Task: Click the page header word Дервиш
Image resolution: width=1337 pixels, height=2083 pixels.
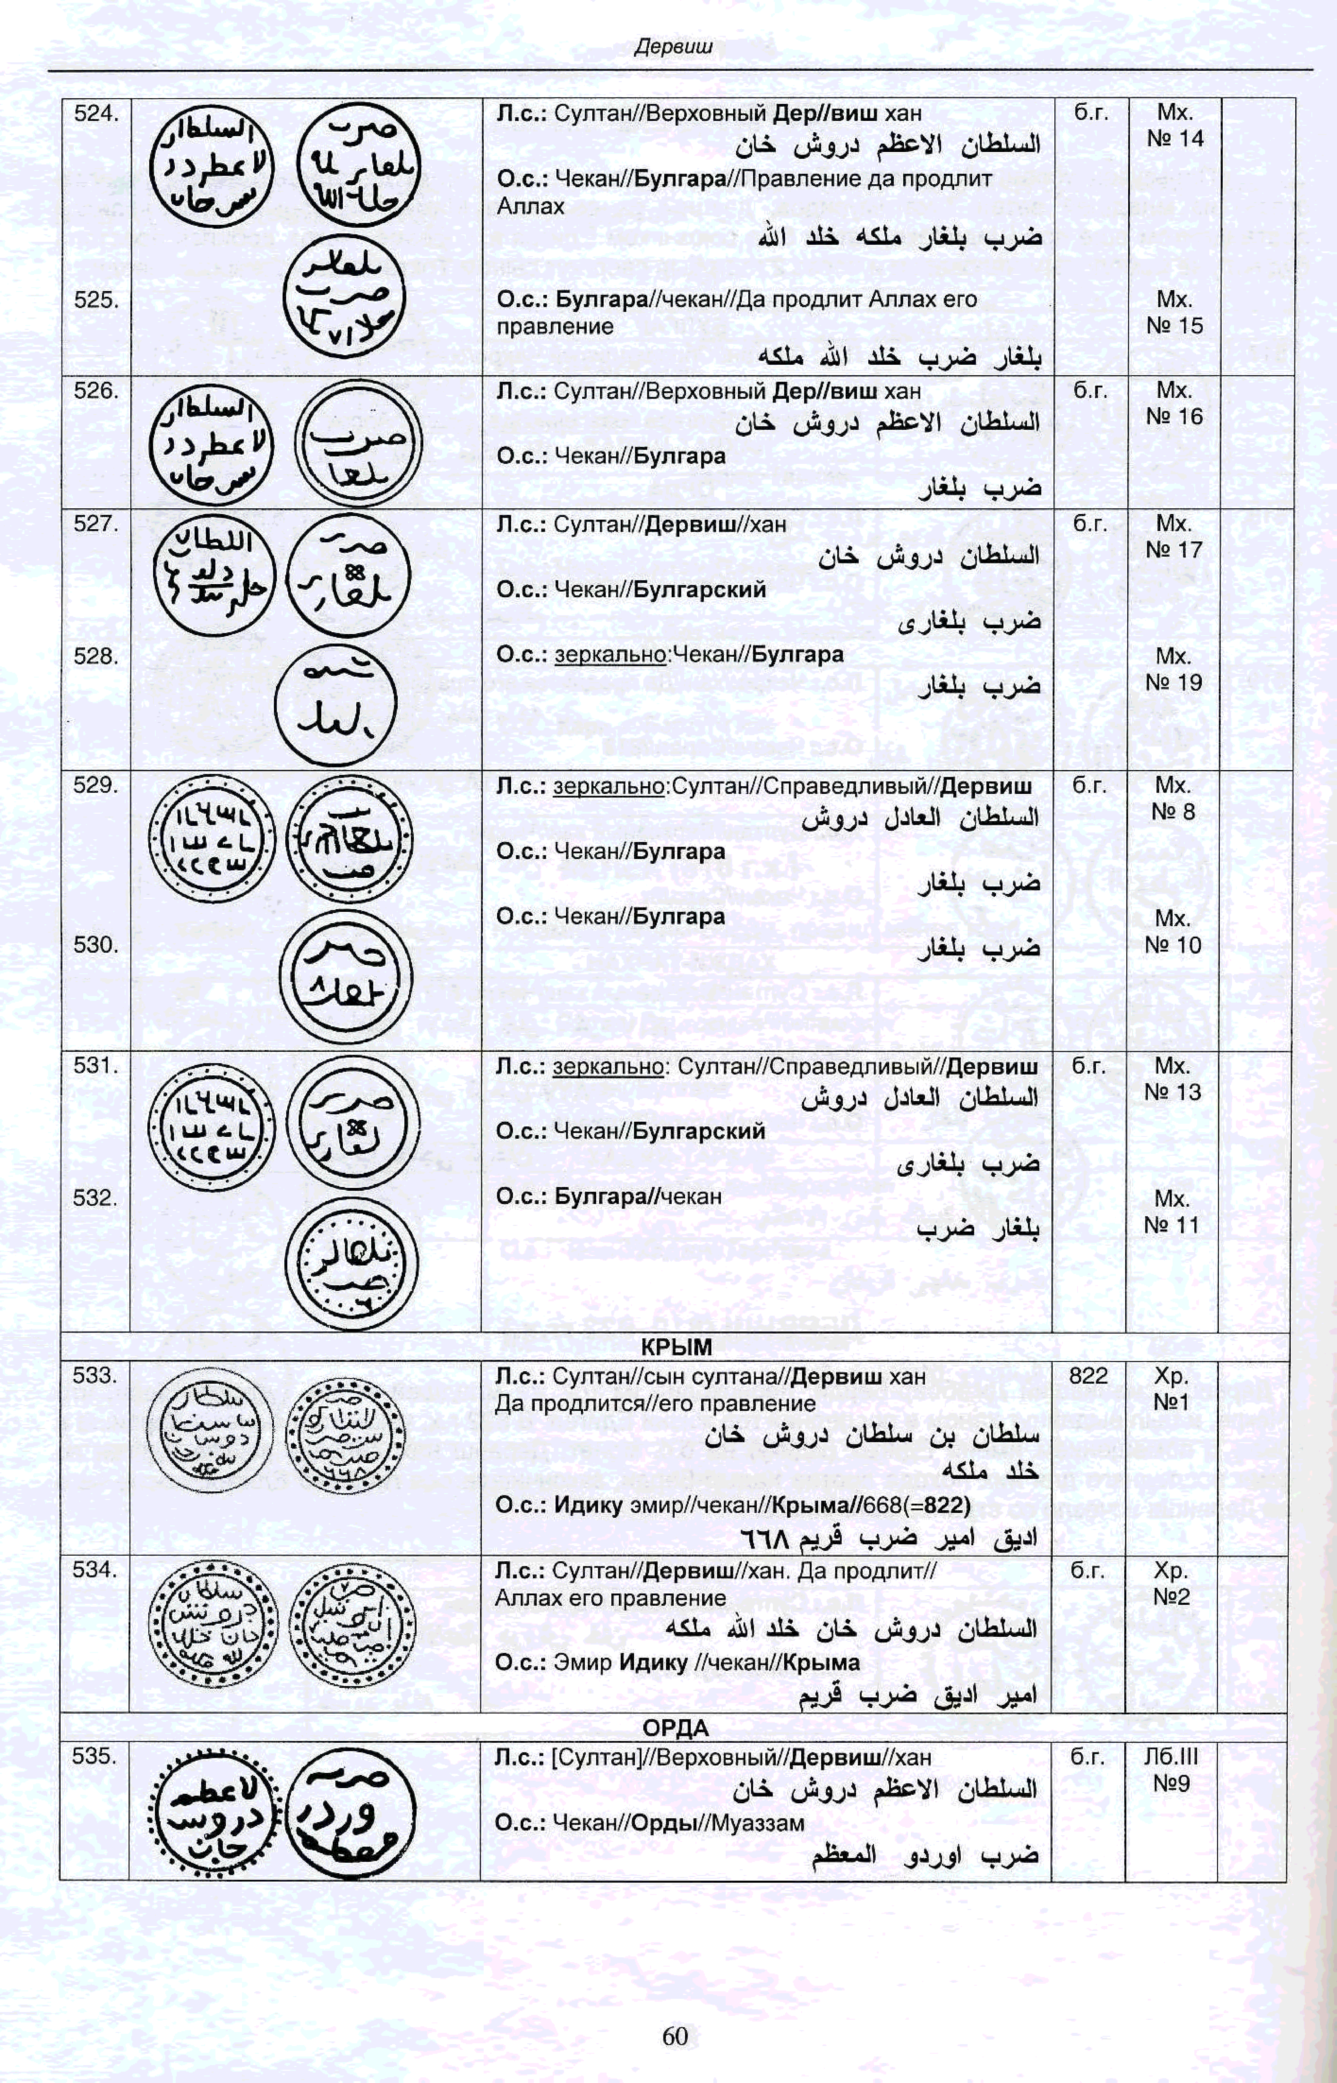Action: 673,47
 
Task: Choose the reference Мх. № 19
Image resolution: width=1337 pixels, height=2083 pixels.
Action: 1173,669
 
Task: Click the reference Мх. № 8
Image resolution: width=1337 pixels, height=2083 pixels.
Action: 1173,798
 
